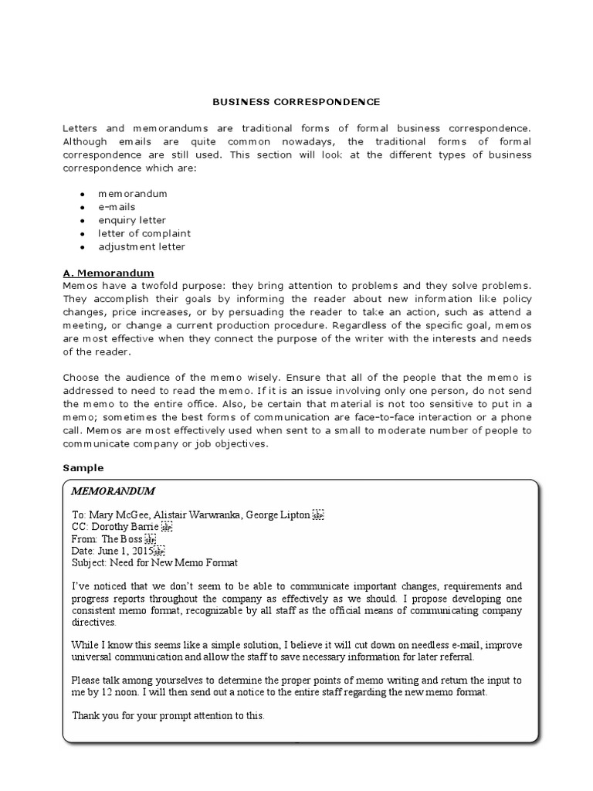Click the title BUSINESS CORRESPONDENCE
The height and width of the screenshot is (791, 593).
point(296,101)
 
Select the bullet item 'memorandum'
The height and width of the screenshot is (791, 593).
point(132,194)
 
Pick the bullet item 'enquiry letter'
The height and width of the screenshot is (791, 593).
point(131,220)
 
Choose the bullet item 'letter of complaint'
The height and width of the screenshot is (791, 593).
point(144,233)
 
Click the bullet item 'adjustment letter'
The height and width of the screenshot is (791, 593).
point(141,246)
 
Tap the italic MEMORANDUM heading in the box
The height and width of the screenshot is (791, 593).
point(114,491)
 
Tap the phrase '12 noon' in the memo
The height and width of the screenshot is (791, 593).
point(115,692)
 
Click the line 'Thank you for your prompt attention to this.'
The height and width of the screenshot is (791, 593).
point(168,715)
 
